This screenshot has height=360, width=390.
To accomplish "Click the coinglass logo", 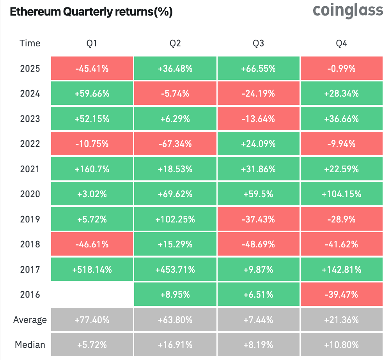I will point(348,11).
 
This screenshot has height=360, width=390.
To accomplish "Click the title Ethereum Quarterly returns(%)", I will point(91,12).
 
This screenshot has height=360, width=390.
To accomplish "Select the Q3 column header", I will point(258,43).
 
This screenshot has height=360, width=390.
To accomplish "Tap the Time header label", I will point(30,43).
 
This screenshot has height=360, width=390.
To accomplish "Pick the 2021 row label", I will point(30,169).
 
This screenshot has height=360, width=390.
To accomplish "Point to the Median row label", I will point(30,344).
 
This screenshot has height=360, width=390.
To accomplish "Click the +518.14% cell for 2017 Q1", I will point(92,269).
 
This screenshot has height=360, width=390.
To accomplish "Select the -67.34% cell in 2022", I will point(175,144).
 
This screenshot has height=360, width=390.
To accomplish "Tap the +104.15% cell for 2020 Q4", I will point(342,194).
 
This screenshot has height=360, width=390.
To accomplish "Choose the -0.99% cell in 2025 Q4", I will point(342,69).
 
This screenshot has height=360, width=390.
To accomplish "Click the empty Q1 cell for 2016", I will point(92,295).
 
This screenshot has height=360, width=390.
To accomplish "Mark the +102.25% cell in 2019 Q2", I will point(175,219).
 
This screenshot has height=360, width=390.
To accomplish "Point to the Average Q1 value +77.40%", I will point(92,320).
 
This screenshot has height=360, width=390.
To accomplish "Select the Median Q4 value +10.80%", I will point(342,344).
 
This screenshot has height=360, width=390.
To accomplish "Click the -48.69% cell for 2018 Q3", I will point(258,244).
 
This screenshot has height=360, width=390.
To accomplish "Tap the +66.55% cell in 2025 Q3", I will point(258,69).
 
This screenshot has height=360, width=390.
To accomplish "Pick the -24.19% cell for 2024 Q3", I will point(258,94).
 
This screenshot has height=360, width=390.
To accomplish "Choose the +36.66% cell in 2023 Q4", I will point(342,119).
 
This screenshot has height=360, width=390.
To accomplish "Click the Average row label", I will point(30,320).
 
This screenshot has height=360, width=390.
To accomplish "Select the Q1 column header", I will point(92,43).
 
